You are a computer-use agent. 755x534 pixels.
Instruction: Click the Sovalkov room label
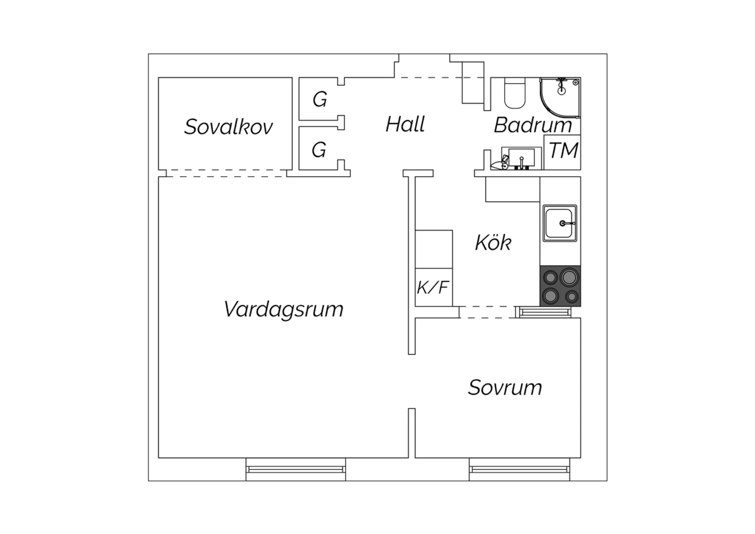pos(228,127)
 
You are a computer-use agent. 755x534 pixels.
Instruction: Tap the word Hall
pos(405,124)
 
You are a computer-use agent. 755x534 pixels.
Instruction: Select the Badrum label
pos(533,125)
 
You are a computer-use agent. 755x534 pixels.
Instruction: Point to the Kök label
pos(493,242)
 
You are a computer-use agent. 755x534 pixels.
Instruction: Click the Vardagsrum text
pos(283,310)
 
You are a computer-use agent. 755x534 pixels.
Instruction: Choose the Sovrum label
pos(505,387)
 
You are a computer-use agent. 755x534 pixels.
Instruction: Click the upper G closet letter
pos(320,100)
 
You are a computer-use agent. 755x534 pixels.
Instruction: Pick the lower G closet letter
pos(319,150)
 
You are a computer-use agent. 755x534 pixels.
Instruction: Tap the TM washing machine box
pos(562,152)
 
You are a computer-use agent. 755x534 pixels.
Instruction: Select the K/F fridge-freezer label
pos(433,288)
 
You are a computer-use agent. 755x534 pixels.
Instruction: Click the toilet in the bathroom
pos(515,93)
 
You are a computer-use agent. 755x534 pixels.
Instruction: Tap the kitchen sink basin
pos(560,223)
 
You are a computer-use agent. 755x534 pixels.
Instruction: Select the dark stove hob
pos(560,286)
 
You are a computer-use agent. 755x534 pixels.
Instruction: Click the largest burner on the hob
pos(569,277)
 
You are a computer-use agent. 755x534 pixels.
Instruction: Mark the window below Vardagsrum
pos(295,469)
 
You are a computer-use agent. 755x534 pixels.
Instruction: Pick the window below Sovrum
pos(519,469)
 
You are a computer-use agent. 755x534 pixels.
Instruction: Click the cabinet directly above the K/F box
pos(434,249)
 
